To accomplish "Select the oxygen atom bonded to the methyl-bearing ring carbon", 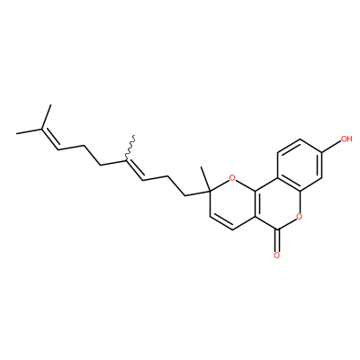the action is pos(232,178).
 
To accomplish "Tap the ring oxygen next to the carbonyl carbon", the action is pos(299,216).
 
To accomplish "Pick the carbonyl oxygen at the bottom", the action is pos(277,256).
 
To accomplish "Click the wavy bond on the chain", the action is pos(130,148).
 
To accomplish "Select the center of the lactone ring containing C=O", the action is pos(277,203).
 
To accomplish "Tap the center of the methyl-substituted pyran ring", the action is pos(232,204).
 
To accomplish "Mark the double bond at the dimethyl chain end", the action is pos(49,139).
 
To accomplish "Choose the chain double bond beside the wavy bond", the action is pos(134,170).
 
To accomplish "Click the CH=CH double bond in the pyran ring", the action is pos(221,222).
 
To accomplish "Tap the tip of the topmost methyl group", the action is pos(50,104).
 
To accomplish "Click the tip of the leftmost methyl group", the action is pos(16,133).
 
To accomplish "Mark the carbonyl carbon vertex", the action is pos(277,230).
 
